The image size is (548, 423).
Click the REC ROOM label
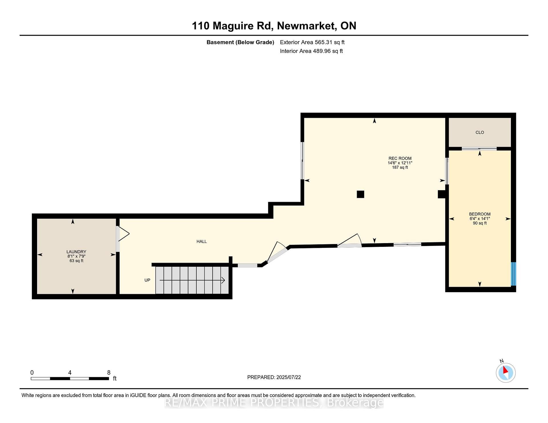click(x=400, y=158)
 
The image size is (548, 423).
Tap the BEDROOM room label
click(x=480, y=214)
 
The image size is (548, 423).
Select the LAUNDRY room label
click(x=76, y=252)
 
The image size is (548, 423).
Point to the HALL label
click(x=202, y=241)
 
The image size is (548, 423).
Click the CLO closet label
click(x=480, y=132)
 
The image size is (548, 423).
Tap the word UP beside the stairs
click(x=147, y=280)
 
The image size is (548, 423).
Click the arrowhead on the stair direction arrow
click(x=223, y=280)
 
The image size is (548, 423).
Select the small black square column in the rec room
click(x=360, y=194)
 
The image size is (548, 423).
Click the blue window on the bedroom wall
click(x=513, y=274)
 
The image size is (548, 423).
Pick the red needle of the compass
click(x=505, y=370)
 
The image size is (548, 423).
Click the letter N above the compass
click(x=501, y=361)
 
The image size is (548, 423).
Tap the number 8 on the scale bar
click(x=109, y=373)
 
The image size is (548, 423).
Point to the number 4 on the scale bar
click(x=70, y=373)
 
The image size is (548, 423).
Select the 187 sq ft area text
click(x=400, y=167)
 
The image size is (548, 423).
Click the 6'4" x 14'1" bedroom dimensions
click(x=480, y=219)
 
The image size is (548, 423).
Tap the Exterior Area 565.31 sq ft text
click(x=312, y=42)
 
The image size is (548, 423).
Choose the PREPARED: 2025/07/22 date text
click(x=274, y=377)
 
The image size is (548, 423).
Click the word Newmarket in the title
click(x=306, y=26)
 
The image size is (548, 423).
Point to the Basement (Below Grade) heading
click(x=240, y=42)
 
